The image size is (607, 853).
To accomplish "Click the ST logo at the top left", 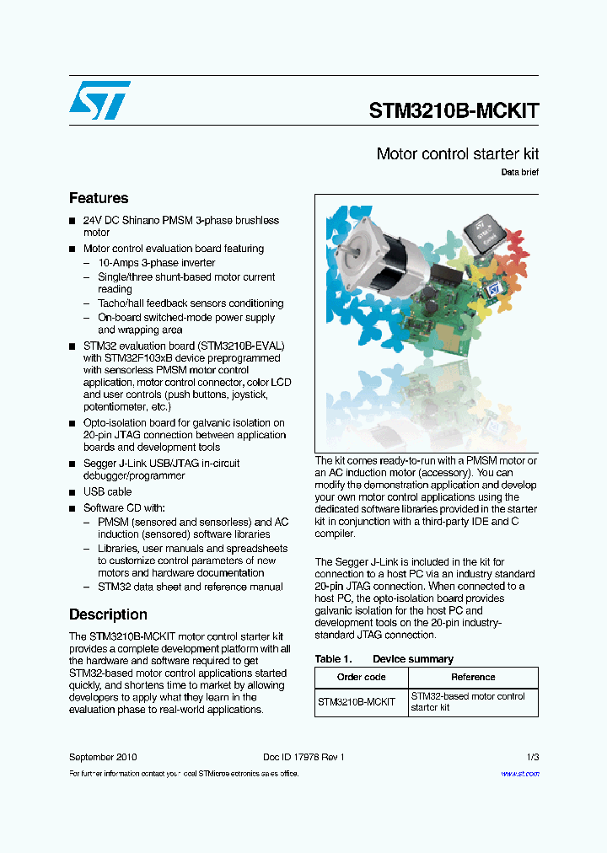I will pos(99,100).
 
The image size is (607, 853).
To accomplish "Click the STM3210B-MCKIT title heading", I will pos(454,110).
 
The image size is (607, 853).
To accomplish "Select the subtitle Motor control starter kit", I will pos(457,154).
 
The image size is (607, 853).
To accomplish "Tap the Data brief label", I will pos(519,173).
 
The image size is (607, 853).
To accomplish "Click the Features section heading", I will pos(99,198).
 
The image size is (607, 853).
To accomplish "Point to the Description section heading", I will pos(108,614).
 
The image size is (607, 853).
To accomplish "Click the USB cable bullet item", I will pos(107,491).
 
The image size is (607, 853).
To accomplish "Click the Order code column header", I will pos(361,677).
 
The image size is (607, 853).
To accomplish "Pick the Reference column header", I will pos(473,677).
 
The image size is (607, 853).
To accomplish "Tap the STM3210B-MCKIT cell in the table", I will pos(357,702).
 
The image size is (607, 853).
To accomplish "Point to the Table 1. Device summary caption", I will pos(384,659).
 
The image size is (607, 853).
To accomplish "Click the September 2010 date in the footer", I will pos(103,757).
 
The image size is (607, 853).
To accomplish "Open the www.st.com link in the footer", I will pos(519,774).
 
